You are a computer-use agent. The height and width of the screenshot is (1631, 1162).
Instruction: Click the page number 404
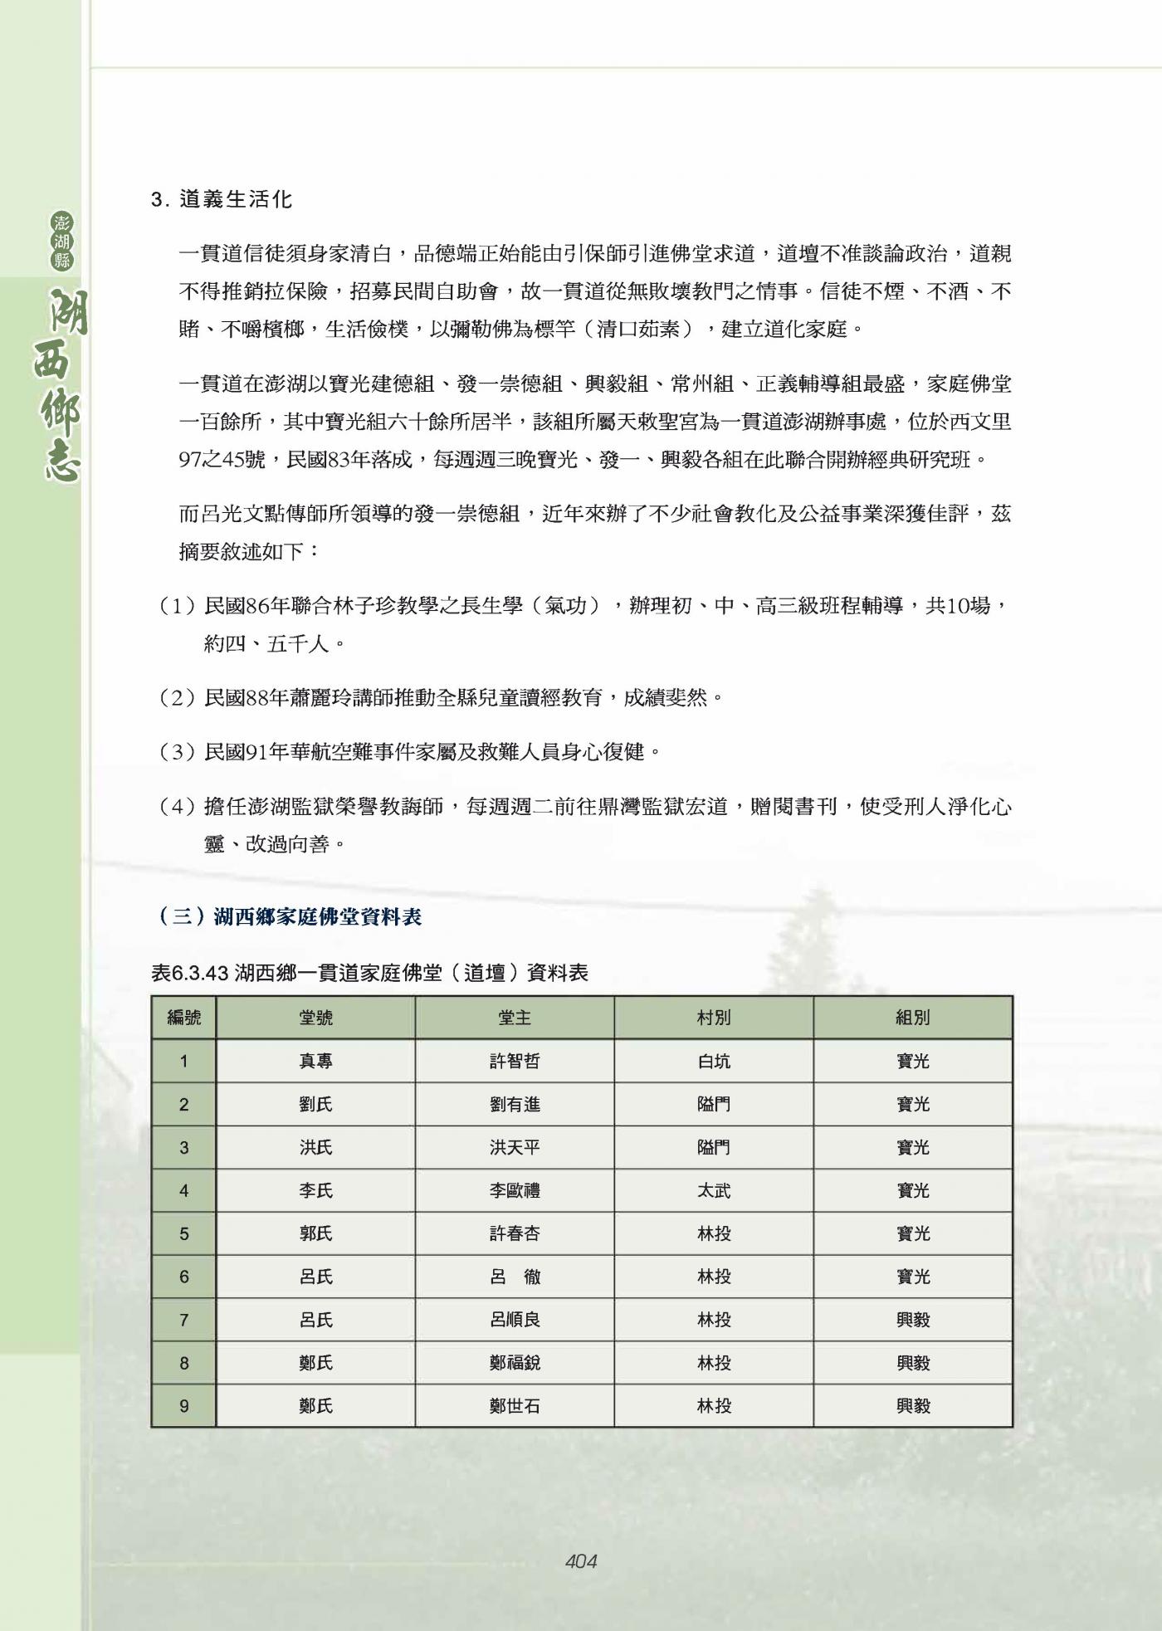click(x=580, y=1561)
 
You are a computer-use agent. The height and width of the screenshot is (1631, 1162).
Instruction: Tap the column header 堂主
click(x=515, y=1018)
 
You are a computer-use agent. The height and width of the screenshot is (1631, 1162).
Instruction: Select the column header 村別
click(x=714, y=1018)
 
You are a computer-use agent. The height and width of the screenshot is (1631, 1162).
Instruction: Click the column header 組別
click(x=913, y=1018)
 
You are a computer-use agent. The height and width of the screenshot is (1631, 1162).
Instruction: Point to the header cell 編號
click(x=183, y=1018)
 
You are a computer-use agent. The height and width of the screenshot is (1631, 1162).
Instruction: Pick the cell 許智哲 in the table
click(x=515, y=1061)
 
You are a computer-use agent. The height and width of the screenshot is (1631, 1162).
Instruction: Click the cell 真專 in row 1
click(x=315, y=1061)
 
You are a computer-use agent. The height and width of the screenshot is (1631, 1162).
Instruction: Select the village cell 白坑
click(x=714, y=1061)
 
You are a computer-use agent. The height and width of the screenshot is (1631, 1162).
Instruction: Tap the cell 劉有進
click(x=515, y=1104)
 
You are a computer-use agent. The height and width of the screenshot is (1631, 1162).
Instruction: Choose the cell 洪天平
click(x=515, y=1147)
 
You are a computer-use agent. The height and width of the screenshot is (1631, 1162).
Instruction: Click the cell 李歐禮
click(x=515, y=1190)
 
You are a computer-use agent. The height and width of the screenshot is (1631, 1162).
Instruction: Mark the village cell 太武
click(x=714, y=1190)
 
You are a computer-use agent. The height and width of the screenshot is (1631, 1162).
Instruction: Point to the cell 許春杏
click(x=515, y=1233)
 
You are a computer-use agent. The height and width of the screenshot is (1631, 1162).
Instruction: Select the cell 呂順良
click(x=515, y=1320)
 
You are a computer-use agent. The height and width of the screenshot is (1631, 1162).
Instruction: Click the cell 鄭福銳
click(x=515, y=1363)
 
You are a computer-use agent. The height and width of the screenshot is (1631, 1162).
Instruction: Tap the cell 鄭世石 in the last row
click(x=515, y=1406)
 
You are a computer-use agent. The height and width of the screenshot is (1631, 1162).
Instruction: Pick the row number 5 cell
click(x=183, y=1233)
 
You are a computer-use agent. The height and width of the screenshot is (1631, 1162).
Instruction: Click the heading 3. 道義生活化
click(x=222, y=200)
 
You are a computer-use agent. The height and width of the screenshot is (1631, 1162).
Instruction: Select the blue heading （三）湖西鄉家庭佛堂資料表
click(x=290, y=916)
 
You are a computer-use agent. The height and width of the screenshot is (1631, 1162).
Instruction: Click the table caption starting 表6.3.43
click(x=369, y=972)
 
